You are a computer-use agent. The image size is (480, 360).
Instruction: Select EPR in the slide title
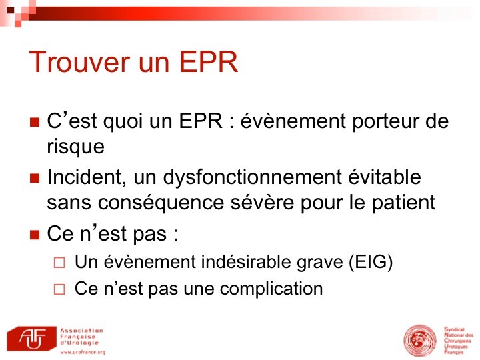(208, 62)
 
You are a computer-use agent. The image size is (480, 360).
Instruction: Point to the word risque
(75, 147)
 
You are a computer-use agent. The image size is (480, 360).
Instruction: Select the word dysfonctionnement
(253, 178)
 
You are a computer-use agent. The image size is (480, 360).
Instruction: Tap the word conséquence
(161, 203)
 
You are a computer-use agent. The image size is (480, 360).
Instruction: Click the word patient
(403, 203)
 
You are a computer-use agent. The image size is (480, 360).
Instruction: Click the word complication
(271, 289)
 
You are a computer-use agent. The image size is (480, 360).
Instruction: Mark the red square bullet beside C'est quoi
(35, 122)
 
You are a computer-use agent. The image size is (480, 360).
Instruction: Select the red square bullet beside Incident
(35, 178)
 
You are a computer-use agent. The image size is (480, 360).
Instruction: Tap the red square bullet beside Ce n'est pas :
(35, 235)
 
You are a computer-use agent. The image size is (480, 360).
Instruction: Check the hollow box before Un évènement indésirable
(59, 263)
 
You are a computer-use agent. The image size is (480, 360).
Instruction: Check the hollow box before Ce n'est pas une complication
(59, 289)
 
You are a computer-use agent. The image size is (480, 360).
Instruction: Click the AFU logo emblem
(31, 338)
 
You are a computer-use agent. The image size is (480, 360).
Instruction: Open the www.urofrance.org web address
(83, 352)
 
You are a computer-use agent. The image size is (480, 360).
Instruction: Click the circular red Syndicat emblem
(420, 341)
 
